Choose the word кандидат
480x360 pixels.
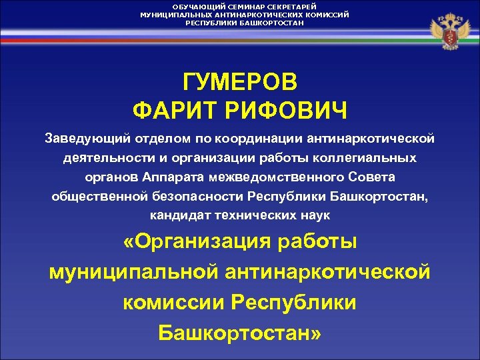click(x=176, y=216)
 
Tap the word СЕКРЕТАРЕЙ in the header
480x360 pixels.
click(x=289, y=6)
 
